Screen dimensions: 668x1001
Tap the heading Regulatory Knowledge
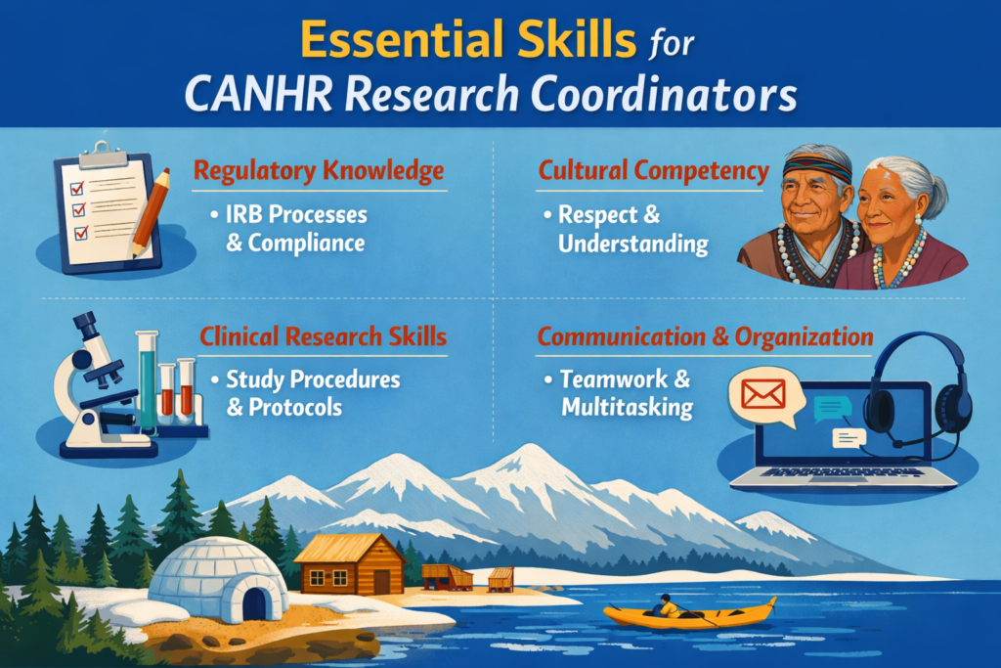(x=319, y=172)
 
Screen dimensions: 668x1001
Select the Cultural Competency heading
(x=653, y=171)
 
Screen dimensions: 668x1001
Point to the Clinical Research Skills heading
(x=323, y=337)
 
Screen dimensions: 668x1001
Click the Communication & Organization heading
(x=705, y=337)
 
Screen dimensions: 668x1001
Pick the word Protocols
(x=284, y=407)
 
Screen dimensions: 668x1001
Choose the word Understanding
(x=632, y=243)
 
